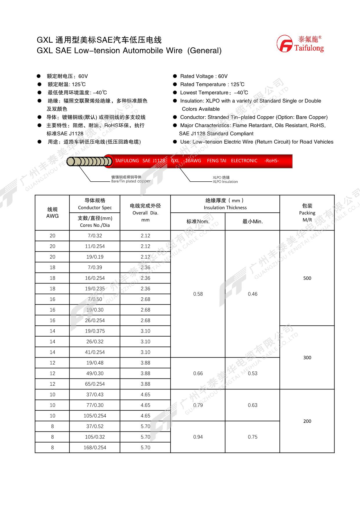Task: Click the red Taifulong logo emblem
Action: tap(284, 44)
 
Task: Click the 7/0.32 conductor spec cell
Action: tap(95, 236)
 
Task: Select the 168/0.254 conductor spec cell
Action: tap(95, 447)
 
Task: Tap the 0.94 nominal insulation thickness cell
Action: tap(198, 437)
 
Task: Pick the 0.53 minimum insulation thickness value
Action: tap(252, 373)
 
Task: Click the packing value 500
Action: tap(307, 278)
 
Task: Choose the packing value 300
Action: tap(307, 358)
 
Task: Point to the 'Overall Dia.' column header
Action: tap(145, 213)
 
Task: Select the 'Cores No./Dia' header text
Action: tap(95, 225)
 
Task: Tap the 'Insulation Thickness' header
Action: tap(225, 207)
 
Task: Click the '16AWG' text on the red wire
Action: tap(193, 161)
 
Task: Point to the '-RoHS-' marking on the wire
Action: tap(271, 161)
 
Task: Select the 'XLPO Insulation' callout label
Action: tap(225, 182)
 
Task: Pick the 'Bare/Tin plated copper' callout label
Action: tap(131, 181)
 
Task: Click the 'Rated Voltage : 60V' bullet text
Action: tap(204, 76)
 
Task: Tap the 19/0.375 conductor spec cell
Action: tap(95, 331)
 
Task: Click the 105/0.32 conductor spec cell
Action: tap(95, 437)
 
